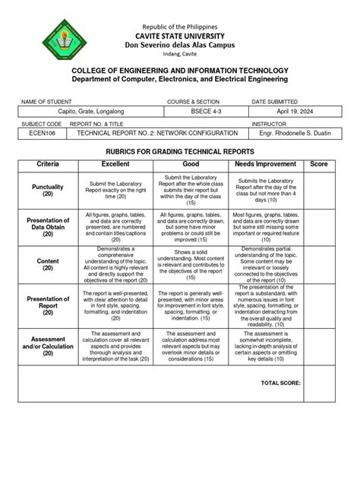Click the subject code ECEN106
[x=45, y=131]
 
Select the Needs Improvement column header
[x=266, y=164]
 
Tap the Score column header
[x=319, y=164]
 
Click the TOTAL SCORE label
[x=280, y=384]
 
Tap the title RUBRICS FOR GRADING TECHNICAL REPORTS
[x=181, y=152]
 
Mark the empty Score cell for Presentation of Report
[x=319, y=305]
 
